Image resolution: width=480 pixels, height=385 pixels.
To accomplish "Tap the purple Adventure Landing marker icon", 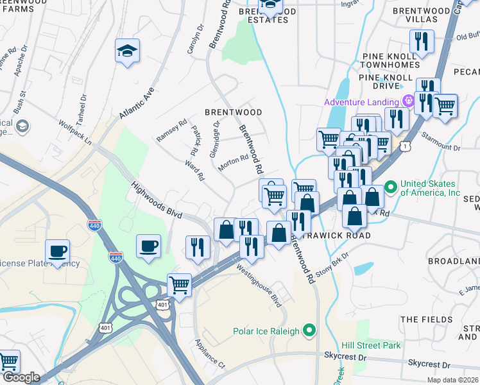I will pos(406,101).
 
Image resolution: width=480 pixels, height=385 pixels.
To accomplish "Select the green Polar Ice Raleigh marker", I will pos(310,331).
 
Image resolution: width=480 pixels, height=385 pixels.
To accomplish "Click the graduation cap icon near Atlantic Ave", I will pos(127,51).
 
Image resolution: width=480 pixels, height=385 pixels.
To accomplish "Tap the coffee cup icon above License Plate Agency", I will pos(57,251).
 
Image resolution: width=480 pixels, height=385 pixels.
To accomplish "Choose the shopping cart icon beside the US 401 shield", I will pos(179,284).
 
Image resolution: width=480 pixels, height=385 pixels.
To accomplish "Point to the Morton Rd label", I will pos(233,161).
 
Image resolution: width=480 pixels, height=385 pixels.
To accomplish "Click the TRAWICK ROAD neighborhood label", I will pos(338,235).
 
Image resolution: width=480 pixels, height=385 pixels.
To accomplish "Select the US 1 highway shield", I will pos(405,147).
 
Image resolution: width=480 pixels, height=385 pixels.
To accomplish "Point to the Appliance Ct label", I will pos(209,354).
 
